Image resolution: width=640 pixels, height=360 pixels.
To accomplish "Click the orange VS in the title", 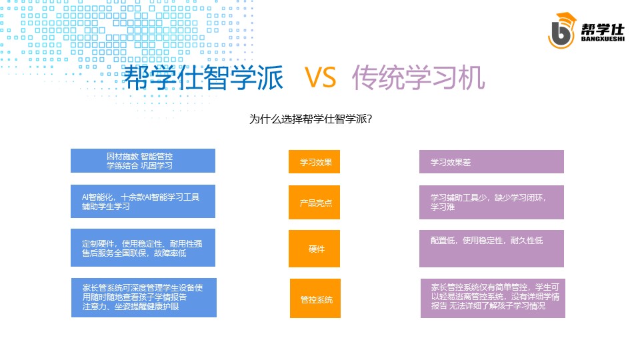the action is [321, 77].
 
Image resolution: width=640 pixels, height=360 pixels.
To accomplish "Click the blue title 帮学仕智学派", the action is [203, 77].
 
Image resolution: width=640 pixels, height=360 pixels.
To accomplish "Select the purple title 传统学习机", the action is [419, 77].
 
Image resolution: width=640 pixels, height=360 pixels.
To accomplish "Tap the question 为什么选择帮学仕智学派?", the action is [311, 119].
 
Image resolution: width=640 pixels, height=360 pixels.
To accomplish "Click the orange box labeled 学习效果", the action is [314, 161].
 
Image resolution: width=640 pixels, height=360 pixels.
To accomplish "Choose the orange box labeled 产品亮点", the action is [314, 203].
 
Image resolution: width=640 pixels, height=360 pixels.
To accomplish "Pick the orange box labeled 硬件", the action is [314, 249].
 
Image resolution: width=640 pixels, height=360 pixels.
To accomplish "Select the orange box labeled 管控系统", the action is [315, 299].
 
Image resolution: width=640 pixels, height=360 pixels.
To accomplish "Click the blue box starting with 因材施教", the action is [143, 161].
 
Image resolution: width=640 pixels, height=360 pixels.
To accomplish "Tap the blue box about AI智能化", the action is [143, 201].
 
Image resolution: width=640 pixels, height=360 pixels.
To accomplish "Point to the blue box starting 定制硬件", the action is [143, 248].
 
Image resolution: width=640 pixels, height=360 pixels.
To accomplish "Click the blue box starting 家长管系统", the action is [144, 297].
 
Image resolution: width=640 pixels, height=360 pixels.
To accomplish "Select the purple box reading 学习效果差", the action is [491, 161].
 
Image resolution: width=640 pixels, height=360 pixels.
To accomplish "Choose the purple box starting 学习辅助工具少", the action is [491, 203].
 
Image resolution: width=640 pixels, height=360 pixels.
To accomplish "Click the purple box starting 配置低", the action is [491, 249].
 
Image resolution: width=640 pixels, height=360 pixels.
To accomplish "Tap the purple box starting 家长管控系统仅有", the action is [493, 299].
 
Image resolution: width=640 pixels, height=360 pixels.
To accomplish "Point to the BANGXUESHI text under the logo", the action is [603, 39].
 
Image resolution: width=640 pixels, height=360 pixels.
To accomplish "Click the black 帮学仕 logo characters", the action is [603, 29].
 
